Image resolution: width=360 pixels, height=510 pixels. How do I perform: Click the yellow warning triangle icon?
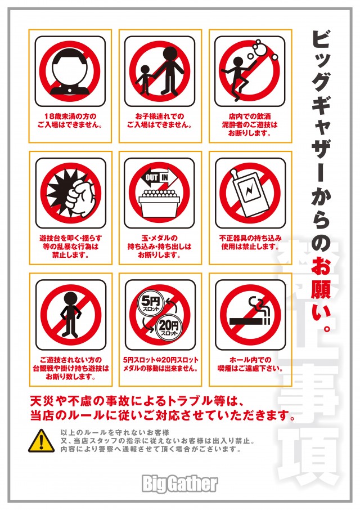click(x=41, y=441)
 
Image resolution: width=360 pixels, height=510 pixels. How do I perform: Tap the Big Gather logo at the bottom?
click(x=179, y=484)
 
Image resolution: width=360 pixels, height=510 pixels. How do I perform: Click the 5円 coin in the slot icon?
click(x=151, y=303)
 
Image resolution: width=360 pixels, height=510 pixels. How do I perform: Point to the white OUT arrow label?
click(x=152, y=178)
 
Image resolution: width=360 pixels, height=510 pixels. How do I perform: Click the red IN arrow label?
click(x=169, y=178)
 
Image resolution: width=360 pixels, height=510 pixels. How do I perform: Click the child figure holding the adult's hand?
click(x=144, y=80)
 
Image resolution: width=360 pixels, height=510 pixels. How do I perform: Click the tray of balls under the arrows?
click(x=159, y=203)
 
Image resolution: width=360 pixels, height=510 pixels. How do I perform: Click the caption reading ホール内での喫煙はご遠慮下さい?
click(x=250, y=364)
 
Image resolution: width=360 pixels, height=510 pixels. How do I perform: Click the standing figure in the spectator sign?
click(x=70, y=315)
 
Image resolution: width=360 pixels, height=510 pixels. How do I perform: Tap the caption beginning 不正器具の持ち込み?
click(x=250, y=242)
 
